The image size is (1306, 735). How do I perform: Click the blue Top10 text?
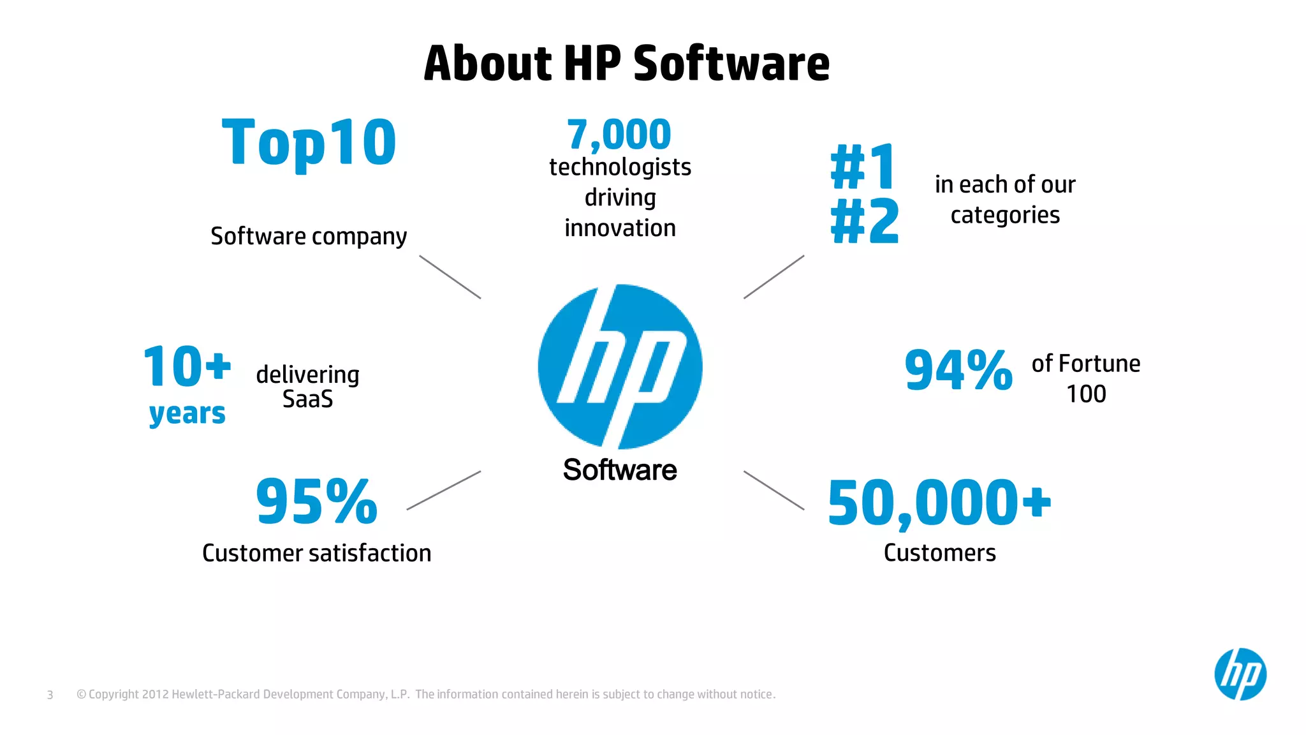tap(309, 142)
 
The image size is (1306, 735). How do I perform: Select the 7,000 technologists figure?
tap(619, 135)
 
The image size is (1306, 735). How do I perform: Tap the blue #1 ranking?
tap(864, 167)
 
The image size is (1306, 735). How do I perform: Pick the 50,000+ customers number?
tap(939, 503)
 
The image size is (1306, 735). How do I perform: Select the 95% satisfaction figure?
tap(316, 502)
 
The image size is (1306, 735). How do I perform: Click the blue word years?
tap(187, 414)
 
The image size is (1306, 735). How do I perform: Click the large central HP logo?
tap(620, 367)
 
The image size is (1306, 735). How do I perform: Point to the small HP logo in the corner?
tap(1240, 674)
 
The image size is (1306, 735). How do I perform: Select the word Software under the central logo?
tap(620, 470)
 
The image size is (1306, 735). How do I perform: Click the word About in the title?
tap(487, 64)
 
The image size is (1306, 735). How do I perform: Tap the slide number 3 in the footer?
tap(50, 695)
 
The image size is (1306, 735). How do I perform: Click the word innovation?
tap(620, 228)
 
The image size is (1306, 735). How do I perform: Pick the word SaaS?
tap(307, 399)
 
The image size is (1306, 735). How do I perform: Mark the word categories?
tap(1005, 216)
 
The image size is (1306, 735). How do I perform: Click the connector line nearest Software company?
tap(450, 277)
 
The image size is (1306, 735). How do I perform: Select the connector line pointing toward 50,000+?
tap(774, 490)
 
